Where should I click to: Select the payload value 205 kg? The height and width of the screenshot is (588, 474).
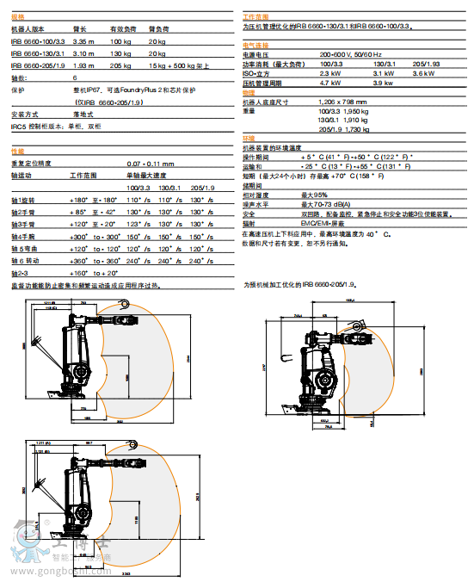click(x=120, y=64)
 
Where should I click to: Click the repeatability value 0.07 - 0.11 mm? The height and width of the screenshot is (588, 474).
click(x=150, y=163)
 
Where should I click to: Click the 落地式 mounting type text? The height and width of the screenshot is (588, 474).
click(x=84, y=115)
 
